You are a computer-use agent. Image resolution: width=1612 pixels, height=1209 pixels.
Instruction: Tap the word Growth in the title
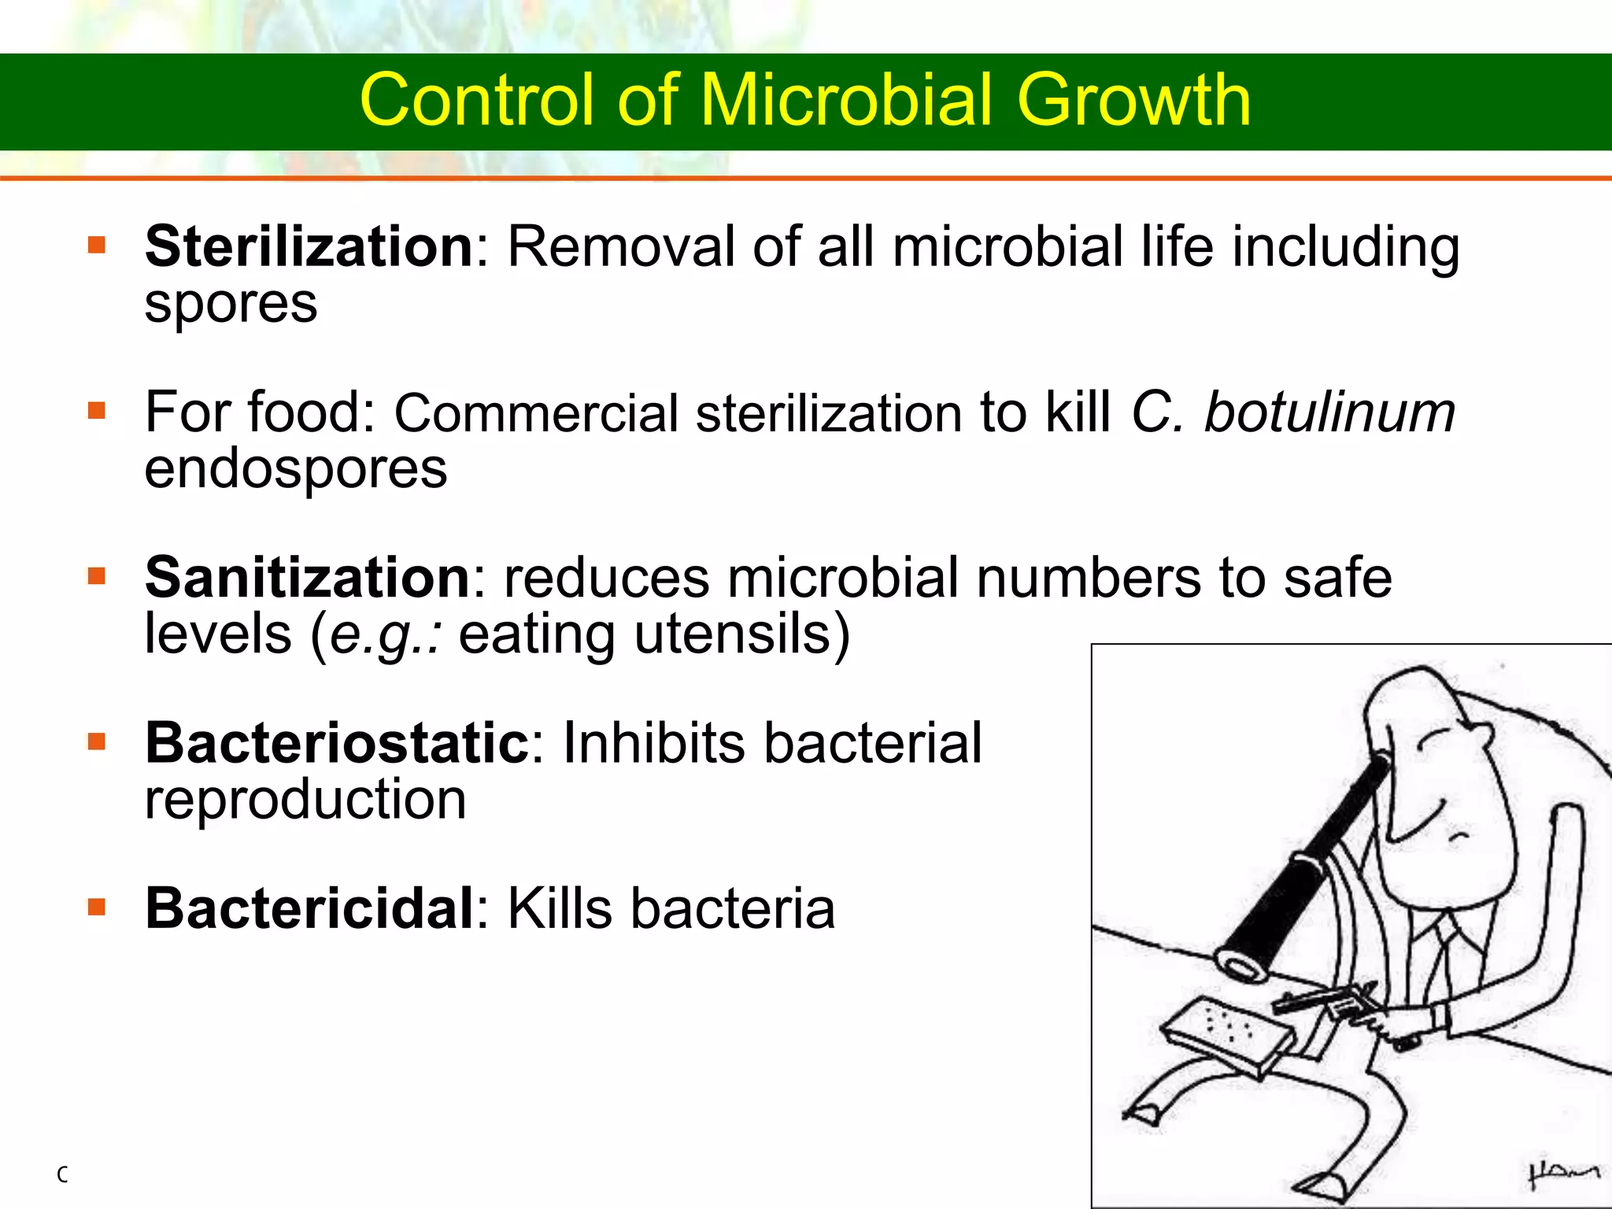pos(1133,100)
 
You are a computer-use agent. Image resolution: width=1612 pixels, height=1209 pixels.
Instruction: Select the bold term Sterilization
pos(309,246)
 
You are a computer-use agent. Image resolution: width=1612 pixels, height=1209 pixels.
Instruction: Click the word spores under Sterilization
pos(231,304)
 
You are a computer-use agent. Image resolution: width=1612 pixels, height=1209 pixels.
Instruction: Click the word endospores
pos(295,469)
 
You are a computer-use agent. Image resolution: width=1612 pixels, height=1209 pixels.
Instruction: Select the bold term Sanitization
pos(308,578)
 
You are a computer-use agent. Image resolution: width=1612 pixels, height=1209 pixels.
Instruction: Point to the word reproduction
pos(305,800)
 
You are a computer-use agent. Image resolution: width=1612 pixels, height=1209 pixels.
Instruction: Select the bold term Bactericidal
pos(309,908)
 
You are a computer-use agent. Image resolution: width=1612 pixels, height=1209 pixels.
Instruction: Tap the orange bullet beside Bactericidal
pos(97,908)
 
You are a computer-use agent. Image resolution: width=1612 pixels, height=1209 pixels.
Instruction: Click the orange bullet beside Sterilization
pos(97,246)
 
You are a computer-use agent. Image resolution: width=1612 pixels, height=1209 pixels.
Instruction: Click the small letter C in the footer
pos(62,1175)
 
